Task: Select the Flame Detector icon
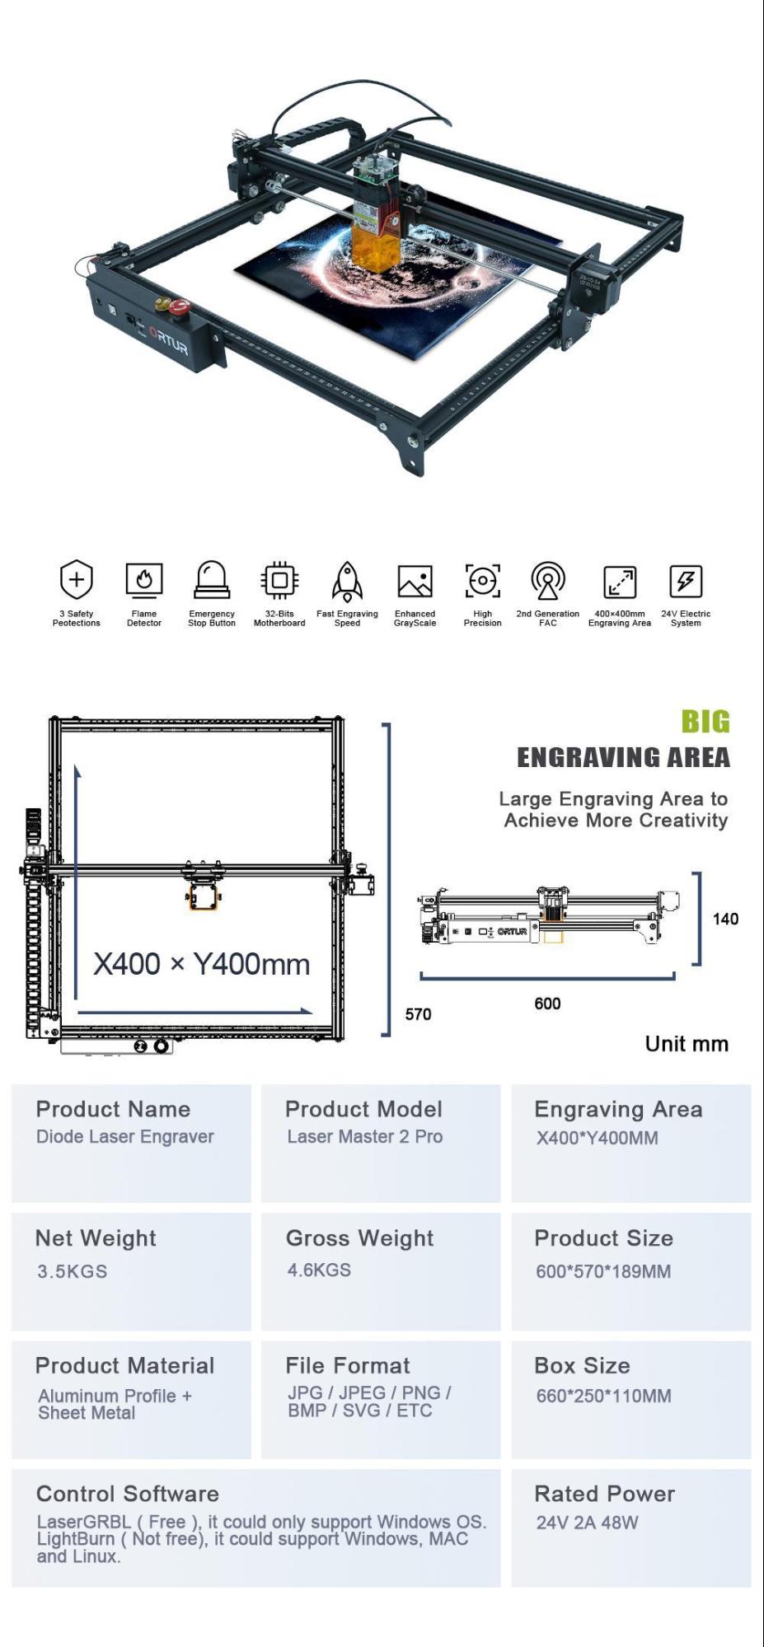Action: pyautogui.click(x=144, y=579)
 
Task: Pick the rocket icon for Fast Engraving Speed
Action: pyautogui.click(x=347, y=581)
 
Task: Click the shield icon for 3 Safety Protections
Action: pyautogui.click(x=76, y=578)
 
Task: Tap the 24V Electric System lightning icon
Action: pyautogui.click(x=686, y=581)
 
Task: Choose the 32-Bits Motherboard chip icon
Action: pyautogui.click(x=279, y=580)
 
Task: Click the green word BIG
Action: pyautogui.click(x=705, y=722)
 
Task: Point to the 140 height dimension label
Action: pyautogui.click(x=725, y=919)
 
